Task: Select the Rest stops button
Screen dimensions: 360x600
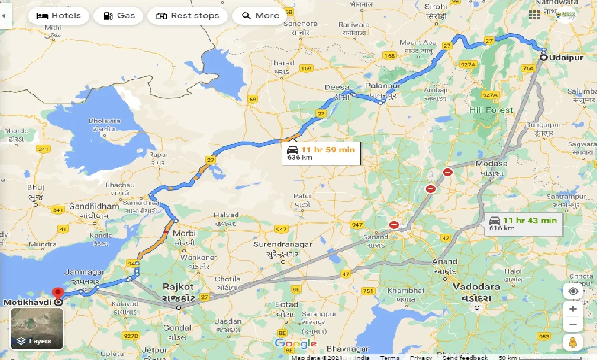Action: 187,16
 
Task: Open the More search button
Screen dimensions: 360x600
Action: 260,16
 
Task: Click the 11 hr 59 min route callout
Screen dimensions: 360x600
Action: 321,153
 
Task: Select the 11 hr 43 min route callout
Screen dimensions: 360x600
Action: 523,223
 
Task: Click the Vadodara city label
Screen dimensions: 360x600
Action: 477,287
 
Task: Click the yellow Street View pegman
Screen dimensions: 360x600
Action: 573,342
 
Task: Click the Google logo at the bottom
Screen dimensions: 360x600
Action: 295,344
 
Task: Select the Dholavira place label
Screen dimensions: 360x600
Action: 104,121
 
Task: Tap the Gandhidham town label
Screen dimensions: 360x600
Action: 94,206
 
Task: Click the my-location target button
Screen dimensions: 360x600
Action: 573,291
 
